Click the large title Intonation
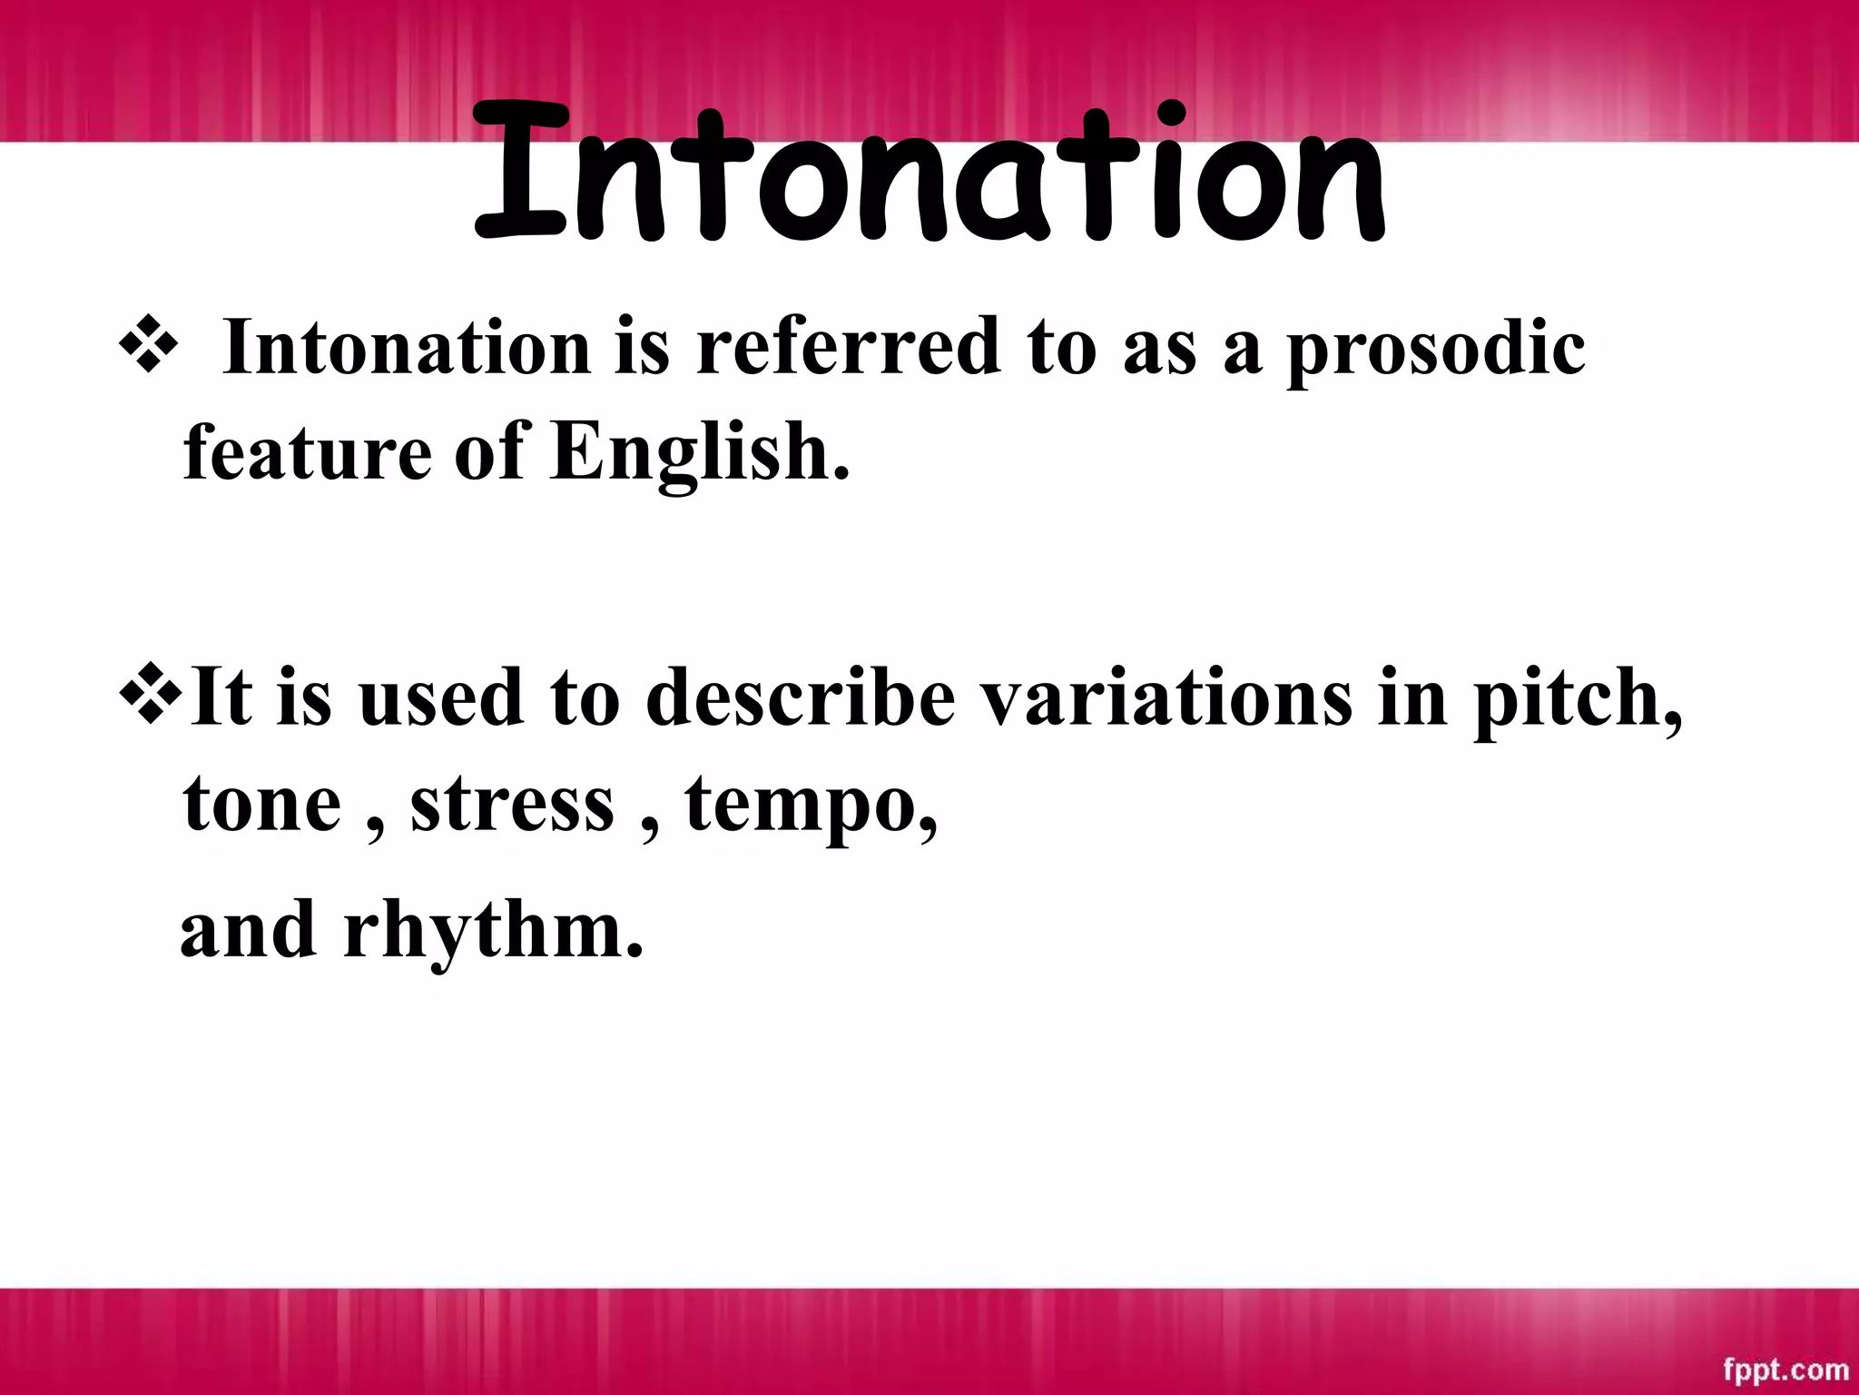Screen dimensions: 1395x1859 [929, 177]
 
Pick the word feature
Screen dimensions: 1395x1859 [307, 452]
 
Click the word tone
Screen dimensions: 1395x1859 [261, 805]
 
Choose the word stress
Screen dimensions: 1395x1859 [512, 805]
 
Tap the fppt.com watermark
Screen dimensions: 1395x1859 [1785, 1368]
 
